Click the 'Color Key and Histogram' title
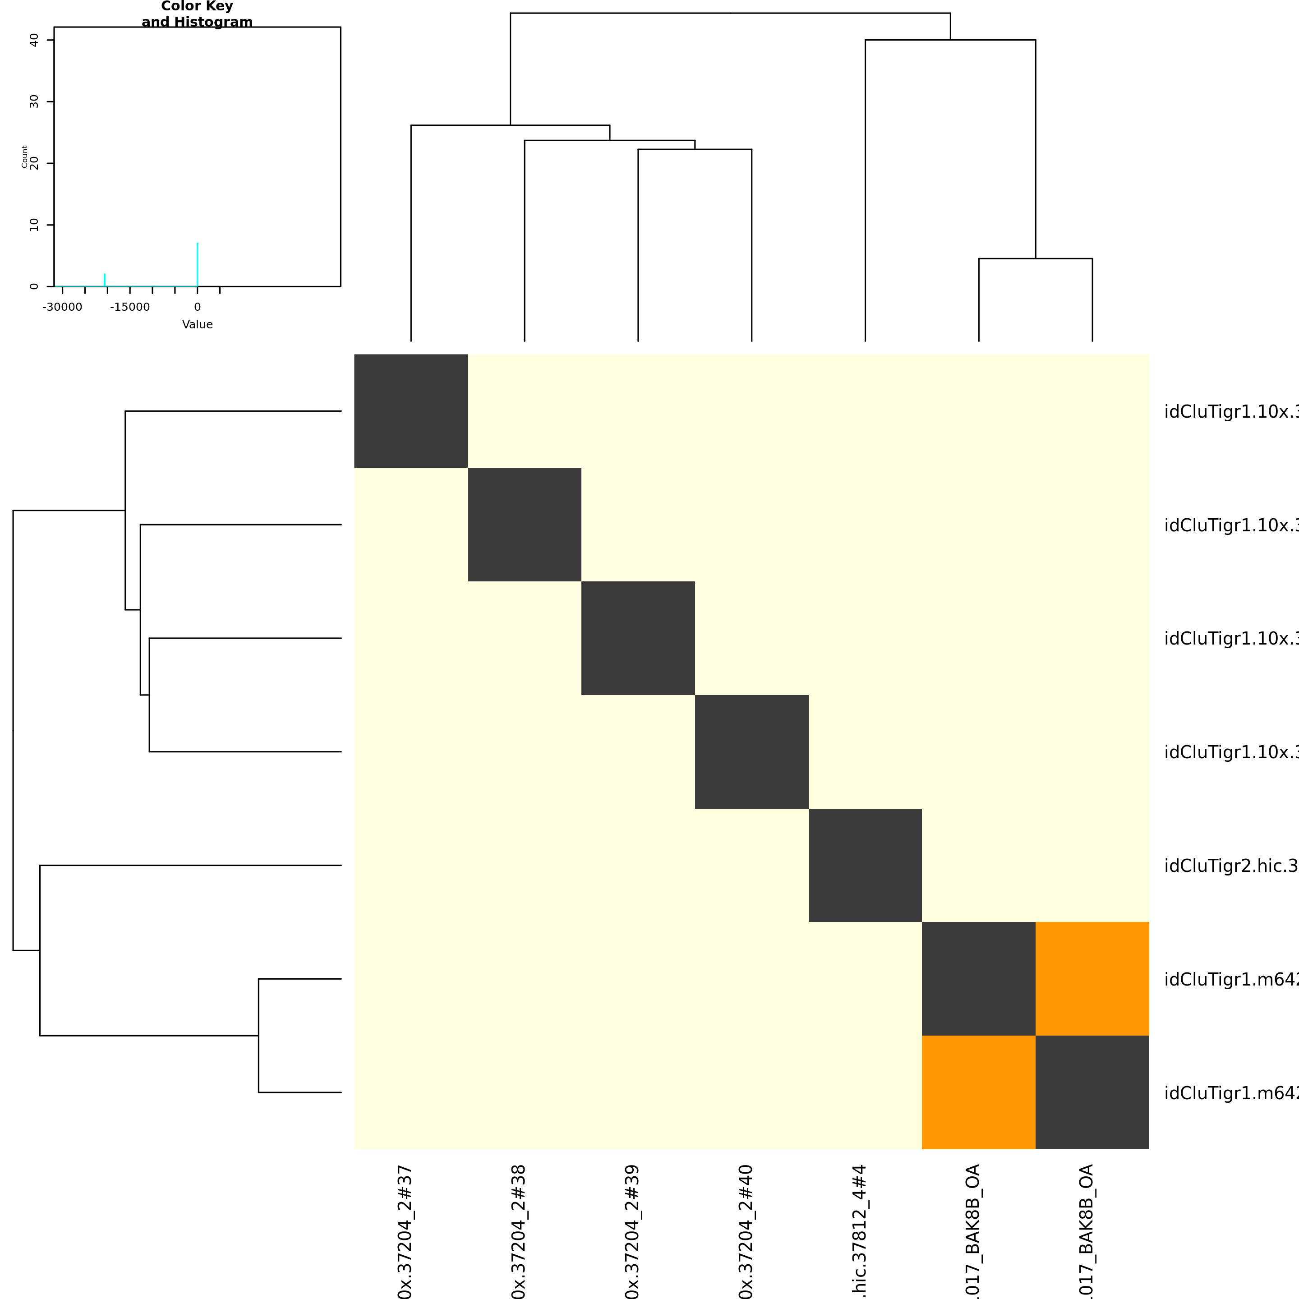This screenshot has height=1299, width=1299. [x=197, y=14]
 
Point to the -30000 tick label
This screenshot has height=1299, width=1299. [x=63, y=307]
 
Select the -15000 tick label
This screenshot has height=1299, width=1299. [x=130, y=307]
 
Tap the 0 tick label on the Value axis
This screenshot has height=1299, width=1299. [x=197, y=307]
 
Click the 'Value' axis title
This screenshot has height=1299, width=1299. [x=197, y=325]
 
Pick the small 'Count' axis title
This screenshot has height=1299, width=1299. [x=25, y=157]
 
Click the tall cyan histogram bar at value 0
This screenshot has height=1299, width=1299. [x=197, y=264]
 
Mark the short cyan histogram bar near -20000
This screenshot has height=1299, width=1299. [x=104, y=280]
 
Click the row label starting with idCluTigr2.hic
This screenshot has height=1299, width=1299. [x=1230, y=866]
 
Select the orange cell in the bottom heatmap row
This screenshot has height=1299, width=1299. [x=978, y=1092]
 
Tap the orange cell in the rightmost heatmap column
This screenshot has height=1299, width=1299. [x=1092, y=979]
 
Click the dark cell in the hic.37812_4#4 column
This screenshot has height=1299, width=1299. [x=865, y=866]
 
